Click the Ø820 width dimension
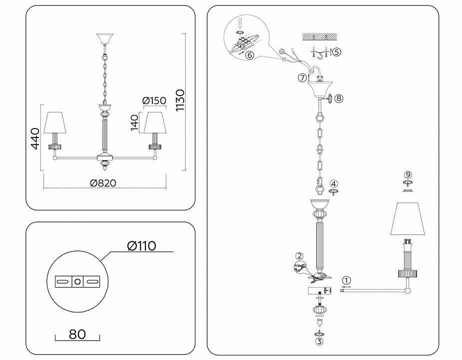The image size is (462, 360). point(103,183)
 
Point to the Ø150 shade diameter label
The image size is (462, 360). point(154,100)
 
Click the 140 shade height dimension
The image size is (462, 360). point(134,122)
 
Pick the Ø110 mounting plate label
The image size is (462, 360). point(141,246)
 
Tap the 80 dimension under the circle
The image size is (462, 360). point(77,333)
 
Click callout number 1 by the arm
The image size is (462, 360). point(347,280)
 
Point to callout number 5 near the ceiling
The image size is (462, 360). point(337,51)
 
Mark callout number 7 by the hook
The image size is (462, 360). point(302,77)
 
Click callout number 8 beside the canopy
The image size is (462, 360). point(339,98)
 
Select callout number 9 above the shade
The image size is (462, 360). point(409,174)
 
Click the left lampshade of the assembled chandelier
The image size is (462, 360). point(56,123)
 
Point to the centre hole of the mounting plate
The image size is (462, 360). point(77,281)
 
